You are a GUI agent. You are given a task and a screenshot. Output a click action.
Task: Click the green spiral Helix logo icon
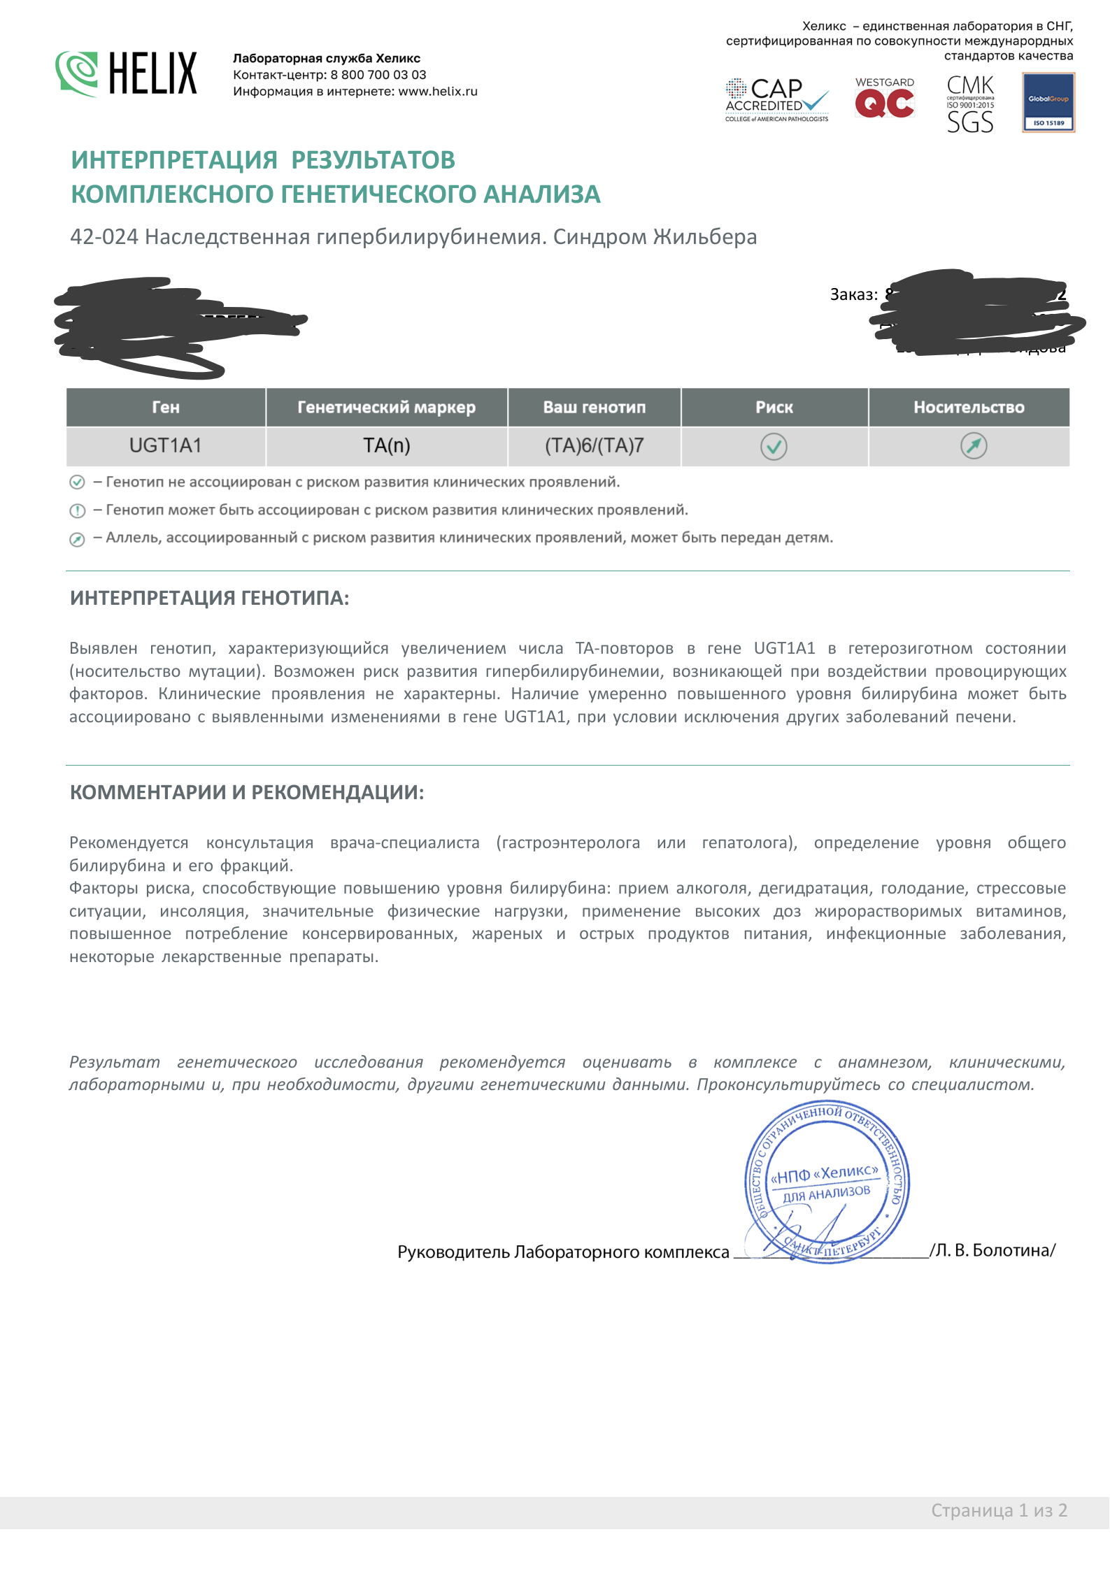point(78,73)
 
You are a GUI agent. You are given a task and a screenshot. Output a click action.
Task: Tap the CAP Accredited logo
point(776,99)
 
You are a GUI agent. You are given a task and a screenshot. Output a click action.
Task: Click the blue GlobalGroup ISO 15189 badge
point(1048,103)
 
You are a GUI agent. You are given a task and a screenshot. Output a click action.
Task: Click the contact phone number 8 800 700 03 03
point(378,75)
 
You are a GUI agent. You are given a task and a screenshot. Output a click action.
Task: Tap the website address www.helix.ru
point(438,92)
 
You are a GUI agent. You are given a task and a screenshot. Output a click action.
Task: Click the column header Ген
point(166,408)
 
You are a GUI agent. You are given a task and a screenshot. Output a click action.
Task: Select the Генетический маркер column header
point(386,408)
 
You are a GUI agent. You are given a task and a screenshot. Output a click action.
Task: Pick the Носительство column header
point(969,408)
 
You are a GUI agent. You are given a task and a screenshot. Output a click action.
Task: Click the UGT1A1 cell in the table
point(166,446)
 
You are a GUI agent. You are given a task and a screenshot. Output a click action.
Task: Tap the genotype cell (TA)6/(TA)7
point(594,446)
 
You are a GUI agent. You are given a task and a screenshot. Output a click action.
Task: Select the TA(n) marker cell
point(386,446)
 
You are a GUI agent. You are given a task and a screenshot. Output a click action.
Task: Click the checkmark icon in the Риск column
point(774,446)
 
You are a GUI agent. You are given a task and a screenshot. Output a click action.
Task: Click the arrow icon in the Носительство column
point(974,445)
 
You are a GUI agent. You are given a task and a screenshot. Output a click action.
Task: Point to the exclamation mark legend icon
point(77,511)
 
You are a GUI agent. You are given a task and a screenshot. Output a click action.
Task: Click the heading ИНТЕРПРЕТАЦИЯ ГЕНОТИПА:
point(209,599)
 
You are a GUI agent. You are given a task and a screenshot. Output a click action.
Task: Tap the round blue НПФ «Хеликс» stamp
point(827,1182)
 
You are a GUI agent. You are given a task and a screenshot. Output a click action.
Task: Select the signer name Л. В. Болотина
point(995,1250)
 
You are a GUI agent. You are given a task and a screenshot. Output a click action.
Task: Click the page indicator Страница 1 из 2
point(998,1510)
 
